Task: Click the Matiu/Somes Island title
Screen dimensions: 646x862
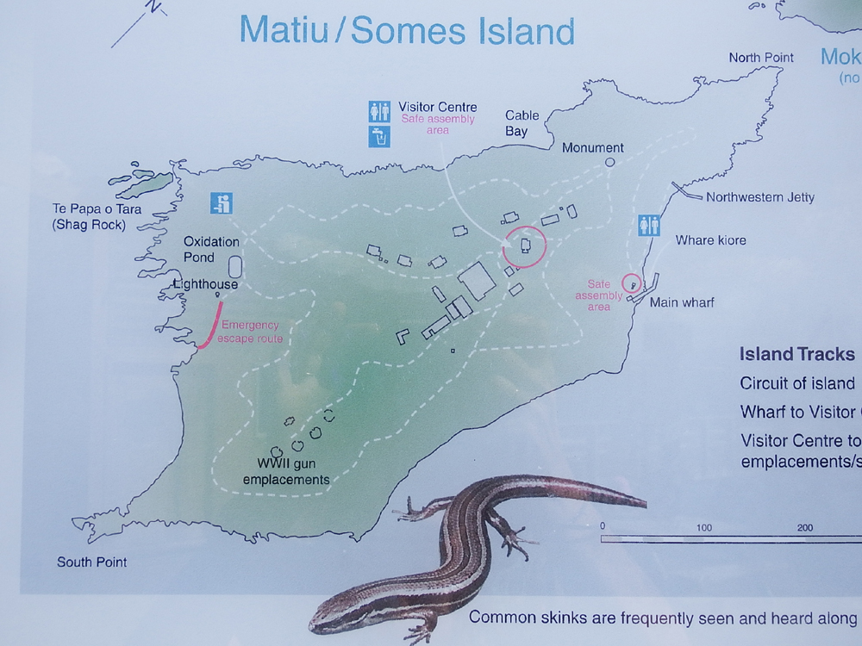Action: [407, 31]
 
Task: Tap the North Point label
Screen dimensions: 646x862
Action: [761, 58]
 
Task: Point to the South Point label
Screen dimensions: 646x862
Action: [91, 562]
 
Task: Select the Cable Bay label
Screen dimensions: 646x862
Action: [522, 123]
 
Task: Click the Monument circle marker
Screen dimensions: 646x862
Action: [609, 162]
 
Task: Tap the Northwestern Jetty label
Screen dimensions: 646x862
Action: [759, 197]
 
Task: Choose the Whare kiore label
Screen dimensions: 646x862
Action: [711, 240]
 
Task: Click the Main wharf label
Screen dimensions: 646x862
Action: [682, 302]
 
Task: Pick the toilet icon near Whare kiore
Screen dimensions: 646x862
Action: [649, 225]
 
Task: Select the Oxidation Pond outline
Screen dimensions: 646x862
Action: [234, 266]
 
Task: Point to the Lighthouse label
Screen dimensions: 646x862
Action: [205, 283]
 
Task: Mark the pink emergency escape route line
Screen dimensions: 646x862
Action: [209, 325]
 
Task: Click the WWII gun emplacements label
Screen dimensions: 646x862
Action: [286, 472]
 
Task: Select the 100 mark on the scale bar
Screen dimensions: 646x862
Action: [703, 527]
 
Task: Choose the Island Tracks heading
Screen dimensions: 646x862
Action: [796, 355]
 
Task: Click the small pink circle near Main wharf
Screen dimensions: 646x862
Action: [632, 282]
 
